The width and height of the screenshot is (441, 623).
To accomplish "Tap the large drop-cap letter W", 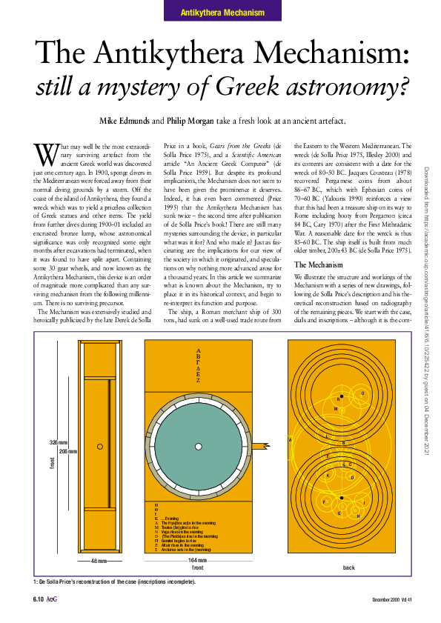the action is [44, 153].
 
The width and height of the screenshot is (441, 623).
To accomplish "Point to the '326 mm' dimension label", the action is [59, 442].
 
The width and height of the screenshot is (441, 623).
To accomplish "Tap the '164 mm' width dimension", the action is [198, 560].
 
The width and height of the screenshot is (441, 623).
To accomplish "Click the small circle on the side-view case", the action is [99, 446].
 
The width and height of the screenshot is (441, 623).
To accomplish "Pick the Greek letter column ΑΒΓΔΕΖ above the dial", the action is [198, 365].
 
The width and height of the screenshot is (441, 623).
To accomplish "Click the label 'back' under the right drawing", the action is [349, 567].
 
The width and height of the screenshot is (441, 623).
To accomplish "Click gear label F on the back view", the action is [324, 503].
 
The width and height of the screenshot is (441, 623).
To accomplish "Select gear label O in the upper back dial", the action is [362, 393].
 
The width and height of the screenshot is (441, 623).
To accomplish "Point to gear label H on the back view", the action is [358, 516].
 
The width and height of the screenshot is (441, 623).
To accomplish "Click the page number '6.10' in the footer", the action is [39, 599].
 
